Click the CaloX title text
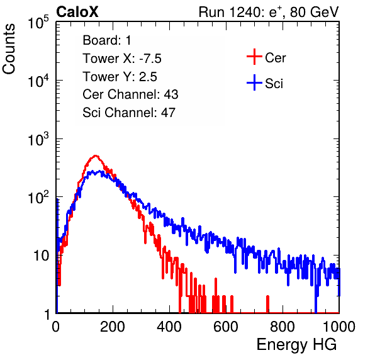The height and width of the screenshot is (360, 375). coord(77,12)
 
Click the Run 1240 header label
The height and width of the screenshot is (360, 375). coord(269,12)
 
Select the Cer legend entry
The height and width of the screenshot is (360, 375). coord(266,57)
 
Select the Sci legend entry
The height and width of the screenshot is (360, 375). coord(265,83)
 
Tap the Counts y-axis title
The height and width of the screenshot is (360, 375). coord(9,49)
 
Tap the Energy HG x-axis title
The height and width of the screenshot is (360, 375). coord(296,345)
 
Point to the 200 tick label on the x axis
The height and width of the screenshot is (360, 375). coord(113,327)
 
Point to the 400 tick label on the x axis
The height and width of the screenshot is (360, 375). coord(169,327)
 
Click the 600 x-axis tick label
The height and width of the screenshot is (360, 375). coord(226,327)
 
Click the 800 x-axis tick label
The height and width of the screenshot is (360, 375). coord(283,327)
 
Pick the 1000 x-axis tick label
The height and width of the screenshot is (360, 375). coord(339,327)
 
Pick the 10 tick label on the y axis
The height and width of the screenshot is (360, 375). coord(42,256)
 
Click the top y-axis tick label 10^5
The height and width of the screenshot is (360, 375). coord(38,22)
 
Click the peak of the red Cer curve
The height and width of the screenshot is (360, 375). coord(96,156)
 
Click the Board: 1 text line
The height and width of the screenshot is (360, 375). coord(107,40)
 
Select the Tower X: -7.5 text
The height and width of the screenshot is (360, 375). coord(122,59)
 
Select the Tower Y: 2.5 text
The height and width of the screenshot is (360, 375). coord(120,77)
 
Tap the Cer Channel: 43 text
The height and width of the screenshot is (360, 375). coord(130,94)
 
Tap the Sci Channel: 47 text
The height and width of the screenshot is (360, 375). coord(129,113)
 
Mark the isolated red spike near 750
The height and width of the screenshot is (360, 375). coord(267,304)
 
